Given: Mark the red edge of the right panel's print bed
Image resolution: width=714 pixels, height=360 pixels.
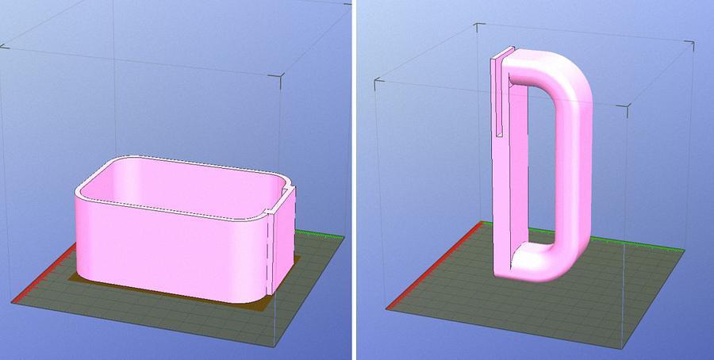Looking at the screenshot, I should (x=432, y=266).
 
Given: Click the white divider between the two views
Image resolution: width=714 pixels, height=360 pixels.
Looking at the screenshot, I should (x=355, y=180).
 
